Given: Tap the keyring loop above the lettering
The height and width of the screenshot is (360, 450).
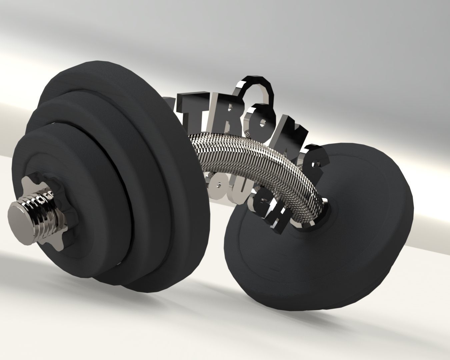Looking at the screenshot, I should point(257,88).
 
